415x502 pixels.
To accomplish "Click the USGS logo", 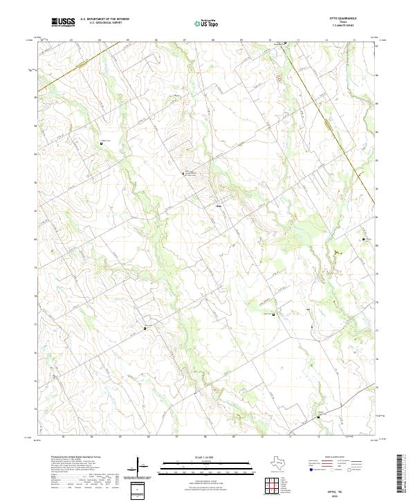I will [63, 23].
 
